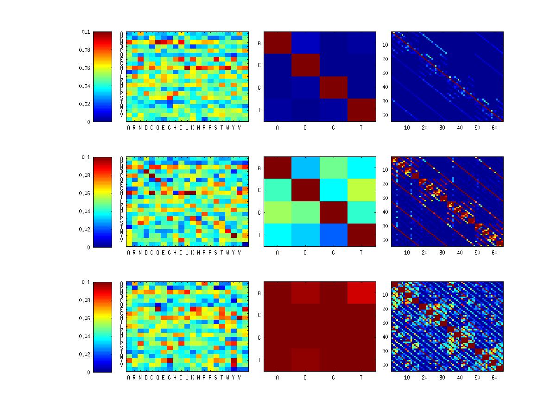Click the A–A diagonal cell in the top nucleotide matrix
(x=278, y=43)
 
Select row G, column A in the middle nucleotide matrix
(x=278, y=212)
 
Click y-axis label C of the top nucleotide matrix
(x=259, y=66)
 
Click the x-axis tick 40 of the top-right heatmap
(x=460, y=128)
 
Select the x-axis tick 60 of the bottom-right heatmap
(x=494, y=378)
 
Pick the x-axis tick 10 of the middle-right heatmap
(x=407, y=253)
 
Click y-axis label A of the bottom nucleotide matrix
(x=259, y=293)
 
